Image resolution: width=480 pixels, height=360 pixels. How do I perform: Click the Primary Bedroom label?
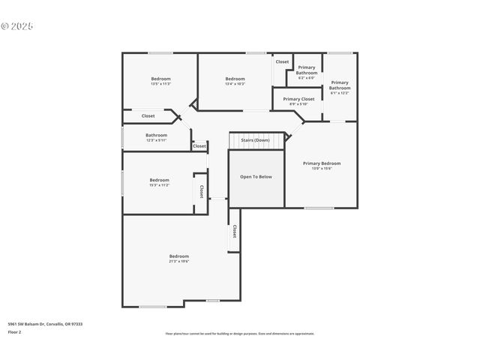point(322,163)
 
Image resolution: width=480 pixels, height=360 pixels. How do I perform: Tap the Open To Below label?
point(256,177)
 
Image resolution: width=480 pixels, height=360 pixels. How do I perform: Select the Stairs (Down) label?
point(255,140)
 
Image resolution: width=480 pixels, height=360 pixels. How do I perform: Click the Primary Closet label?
point(298,99)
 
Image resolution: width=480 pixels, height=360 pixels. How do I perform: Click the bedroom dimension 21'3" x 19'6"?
point(178,261)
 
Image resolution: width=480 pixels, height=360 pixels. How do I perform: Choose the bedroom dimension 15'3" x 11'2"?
point(159,184)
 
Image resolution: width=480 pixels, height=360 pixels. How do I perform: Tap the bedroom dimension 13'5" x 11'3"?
point(160,84)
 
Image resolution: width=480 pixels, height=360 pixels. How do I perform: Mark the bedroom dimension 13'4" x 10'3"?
point(235,84)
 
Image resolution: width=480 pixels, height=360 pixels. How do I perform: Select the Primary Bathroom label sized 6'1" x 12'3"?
point(339,88)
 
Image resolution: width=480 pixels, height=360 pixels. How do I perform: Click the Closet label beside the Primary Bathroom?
point(282,61)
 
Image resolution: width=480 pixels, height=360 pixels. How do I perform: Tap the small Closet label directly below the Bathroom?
point(199,146)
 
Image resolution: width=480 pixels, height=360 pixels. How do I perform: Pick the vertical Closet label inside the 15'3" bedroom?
point(201,193)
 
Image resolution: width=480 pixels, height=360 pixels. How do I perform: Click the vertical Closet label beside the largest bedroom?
point(234,232)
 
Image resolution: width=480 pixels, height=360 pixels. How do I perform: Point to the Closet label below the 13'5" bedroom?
point(148,116)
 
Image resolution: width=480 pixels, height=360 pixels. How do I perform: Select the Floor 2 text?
point(14,331)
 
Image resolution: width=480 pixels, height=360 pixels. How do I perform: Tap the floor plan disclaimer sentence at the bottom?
point(240,334)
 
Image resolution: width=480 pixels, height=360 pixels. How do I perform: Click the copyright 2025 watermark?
point(17,26)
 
